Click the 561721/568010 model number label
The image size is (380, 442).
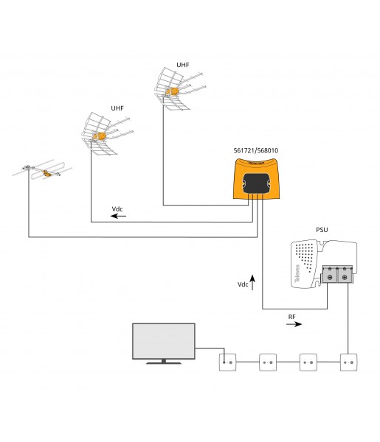[256, 150]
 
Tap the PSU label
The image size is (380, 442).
[322, 230]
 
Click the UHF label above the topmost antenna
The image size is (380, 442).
[183, 65]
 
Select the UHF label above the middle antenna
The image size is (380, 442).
[117, 108]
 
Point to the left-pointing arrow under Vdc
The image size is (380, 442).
[118, 216]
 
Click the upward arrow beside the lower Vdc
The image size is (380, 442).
[252, 282]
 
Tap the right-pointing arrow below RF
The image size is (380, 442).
[294, 324]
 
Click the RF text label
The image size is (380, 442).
[292, 317]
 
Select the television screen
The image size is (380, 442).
[164, 341]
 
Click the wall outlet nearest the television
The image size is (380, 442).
[227, 362]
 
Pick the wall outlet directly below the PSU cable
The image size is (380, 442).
[348, 362]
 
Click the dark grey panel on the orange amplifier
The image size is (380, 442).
[256, 183]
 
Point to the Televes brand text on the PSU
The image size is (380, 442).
[297, 273]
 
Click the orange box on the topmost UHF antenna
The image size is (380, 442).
[172, 91]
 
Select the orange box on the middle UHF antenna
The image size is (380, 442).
[100, 136]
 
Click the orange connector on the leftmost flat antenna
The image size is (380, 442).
[47, 173]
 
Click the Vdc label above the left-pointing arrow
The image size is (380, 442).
[117, 209]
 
